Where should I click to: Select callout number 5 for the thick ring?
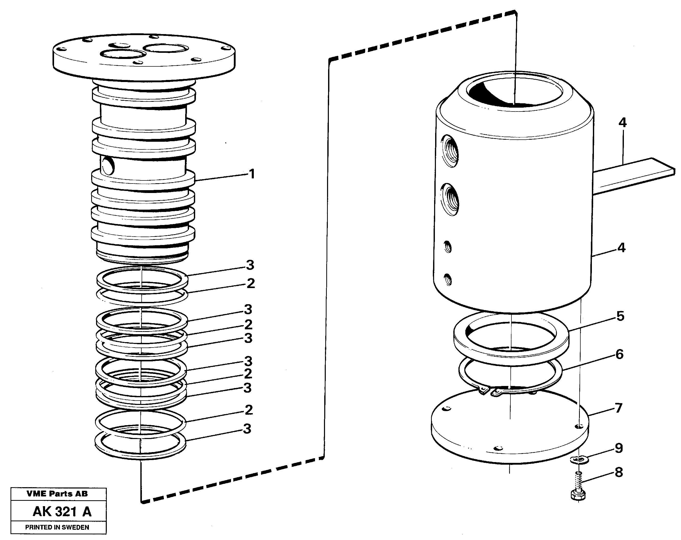point(620,316)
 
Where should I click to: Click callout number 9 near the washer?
point(619,448)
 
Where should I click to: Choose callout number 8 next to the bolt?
point(619,472)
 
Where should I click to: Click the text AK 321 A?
point(62,512)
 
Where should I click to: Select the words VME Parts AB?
point(57,494)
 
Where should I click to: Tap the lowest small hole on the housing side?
point(448,280)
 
